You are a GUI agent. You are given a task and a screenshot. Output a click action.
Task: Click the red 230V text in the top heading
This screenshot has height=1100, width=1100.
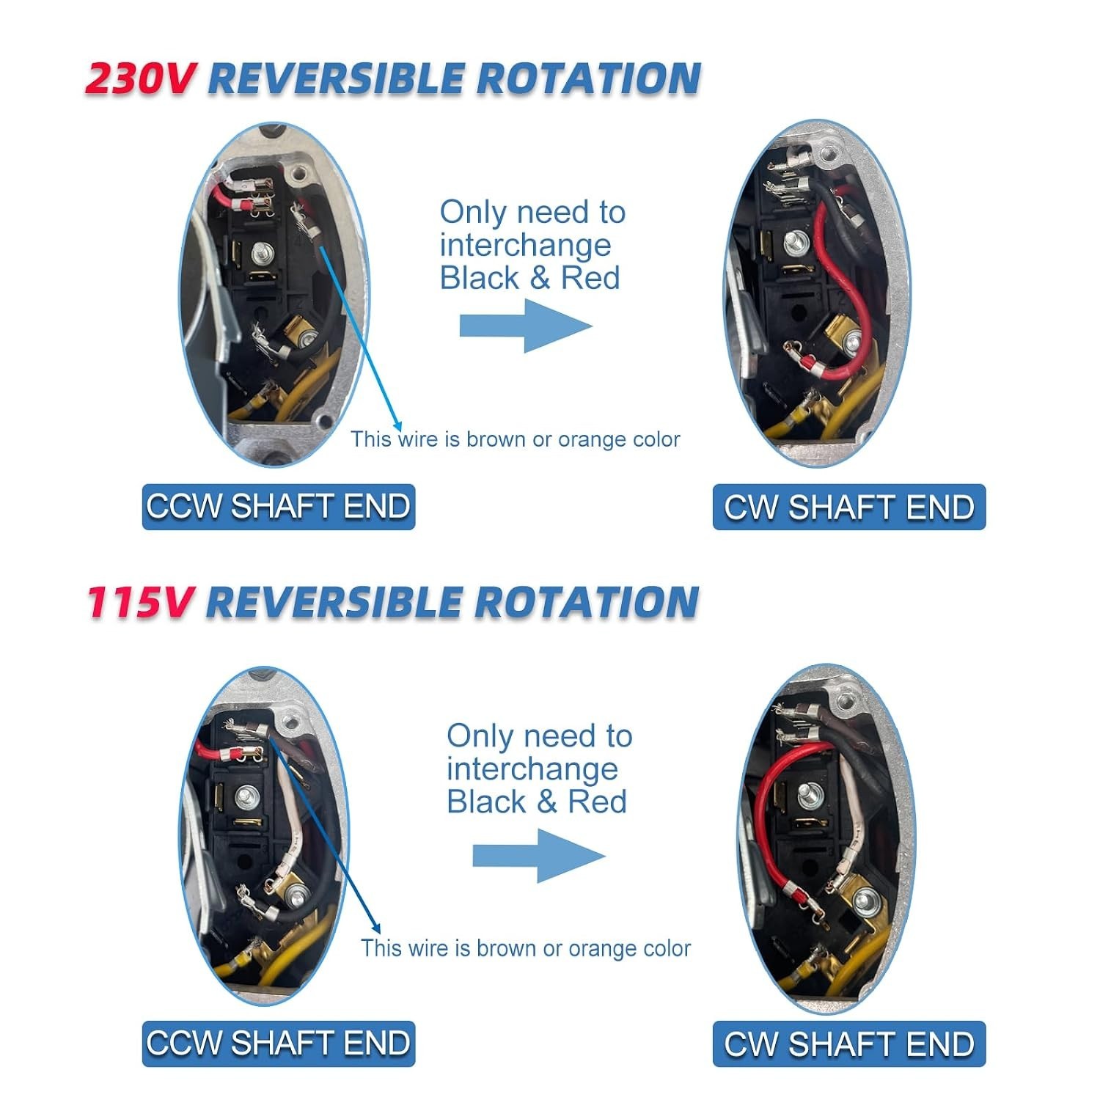139,78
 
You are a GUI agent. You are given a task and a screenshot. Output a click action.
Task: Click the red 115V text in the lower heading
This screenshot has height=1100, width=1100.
139,602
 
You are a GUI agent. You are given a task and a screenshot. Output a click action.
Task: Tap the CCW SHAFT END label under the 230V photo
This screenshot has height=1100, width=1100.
279,507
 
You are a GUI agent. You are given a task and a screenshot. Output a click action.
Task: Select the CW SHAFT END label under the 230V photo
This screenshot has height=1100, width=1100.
849,507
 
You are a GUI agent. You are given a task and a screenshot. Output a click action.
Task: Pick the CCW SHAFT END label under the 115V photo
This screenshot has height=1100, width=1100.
279,1044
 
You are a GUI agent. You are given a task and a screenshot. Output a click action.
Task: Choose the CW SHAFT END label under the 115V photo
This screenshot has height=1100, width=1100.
849,1044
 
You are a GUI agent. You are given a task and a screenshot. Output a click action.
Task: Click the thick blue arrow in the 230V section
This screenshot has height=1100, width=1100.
526,326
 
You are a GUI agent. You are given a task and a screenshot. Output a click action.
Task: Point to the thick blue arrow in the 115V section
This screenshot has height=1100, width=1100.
539,855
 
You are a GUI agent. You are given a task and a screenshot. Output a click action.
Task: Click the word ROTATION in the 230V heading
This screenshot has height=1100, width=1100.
589,78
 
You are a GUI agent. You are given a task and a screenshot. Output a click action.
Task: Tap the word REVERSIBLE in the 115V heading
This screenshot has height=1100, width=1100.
334,602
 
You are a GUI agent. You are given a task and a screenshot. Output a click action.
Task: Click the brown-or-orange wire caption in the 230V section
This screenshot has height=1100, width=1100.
516,439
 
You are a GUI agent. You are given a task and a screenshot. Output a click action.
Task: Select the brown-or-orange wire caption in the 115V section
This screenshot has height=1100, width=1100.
526,948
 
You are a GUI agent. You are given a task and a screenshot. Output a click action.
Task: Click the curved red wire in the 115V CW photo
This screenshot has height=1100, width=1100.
763,829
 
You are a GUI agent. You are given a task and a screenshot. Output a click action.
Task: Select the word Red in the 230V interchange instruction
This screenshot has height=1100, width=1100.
590,278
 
